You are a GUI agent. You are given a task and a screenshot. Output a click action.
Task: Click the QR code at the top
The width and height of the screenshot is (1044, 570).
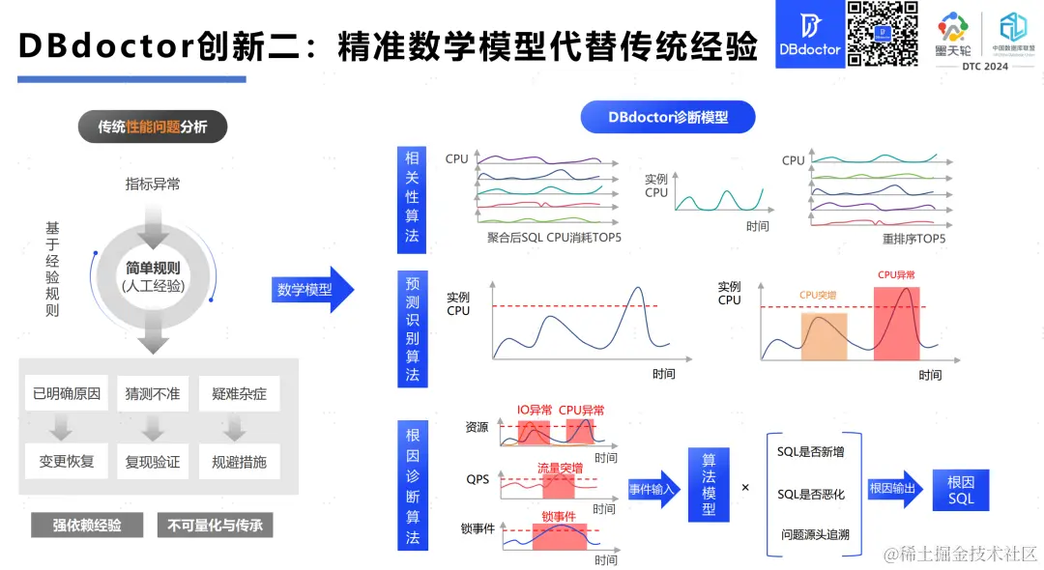[882, 34]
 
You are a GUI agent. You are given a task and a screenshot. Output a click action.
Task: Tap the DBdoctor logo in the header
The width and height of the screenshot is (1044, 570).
[808, 34]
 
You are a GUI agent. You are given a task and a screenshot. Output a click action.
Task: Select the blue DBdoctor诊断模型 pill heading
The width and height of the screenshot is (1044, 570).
[667, 118]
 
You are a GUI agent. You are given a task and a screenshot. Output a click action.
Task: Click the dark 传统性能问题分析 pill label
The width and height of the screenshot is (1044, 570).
[152, 127]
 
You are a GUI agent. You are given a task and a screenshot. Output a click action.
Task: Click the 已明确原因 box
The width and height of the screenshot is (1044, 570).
[67, 394]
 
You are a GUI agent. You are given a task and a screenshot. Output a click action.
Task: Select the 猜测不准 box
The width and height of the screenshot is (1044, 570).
[152, 394]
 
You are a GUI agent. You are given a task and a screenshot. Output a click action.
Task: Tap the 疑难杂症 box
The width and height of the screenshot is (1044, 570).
[239, 394]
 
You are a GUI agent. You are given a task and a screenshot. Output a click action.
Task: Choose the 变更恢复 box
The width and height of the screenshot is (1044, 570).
[67, 462]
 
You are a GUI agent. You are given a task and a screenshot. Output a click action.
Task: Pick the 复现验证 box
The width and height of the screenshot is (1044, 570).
[152, 462]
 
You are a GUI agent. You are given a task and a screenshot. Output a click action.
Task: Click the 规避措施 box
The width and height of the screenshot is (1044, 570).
[239, 462]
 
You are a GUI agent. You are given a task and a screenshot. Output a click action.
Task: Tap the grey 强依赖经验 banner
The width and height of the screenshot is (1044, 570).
[87, 525]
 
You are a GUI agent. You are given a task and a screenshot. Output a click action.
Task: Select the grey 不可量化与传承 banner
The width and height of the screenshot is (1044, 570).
[215, 525]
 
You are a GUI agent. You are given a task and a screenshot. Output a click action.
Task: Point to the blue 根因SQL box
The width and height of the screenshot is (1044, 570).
[961, 490]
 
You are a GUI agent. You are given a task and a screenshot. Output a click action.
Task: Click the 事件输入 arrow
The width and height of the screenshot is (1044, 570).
[653, 489]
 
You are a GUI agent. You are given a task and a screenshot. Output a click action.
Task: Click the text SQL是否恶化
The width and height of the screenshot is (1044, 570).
[811, 494]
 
